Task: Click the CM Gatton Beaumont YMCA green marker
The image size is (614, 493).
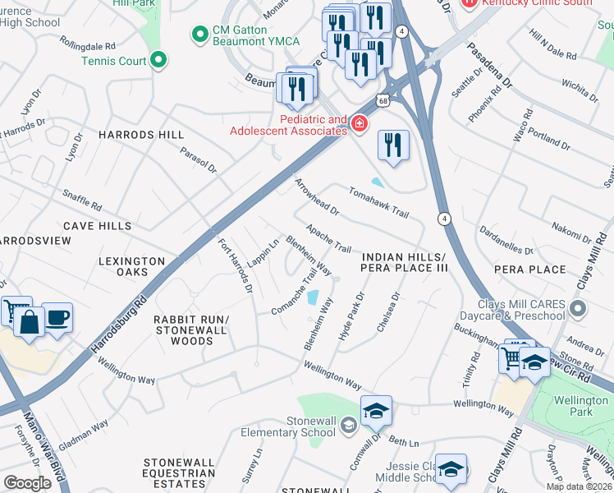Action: (198, 35)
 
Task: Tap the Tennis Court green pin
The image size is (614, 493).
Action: (159, 60)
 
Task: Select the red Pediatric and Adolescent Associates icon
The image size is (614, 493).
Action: (359, 124)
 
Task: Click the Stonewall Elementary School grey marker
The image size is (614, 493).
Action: (349, 424)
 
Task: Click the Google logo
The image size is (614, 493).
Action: (28, 482)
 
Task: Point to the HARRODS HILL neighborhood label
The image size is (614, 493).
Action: (142, 134)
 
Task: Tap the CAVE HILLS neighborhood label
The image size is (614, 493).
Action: (98, 225)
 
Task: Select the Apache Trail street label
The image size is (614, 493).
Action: (328, 238)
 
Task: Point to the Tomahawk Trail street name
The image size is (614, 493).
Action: (378, 202)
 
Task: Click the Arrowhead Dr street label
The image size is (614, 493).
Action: (317, 195)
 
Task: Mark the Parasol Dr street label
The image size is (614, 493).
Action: (199, 160)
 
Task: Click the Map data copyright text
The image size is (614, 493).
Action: (579, 486)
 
